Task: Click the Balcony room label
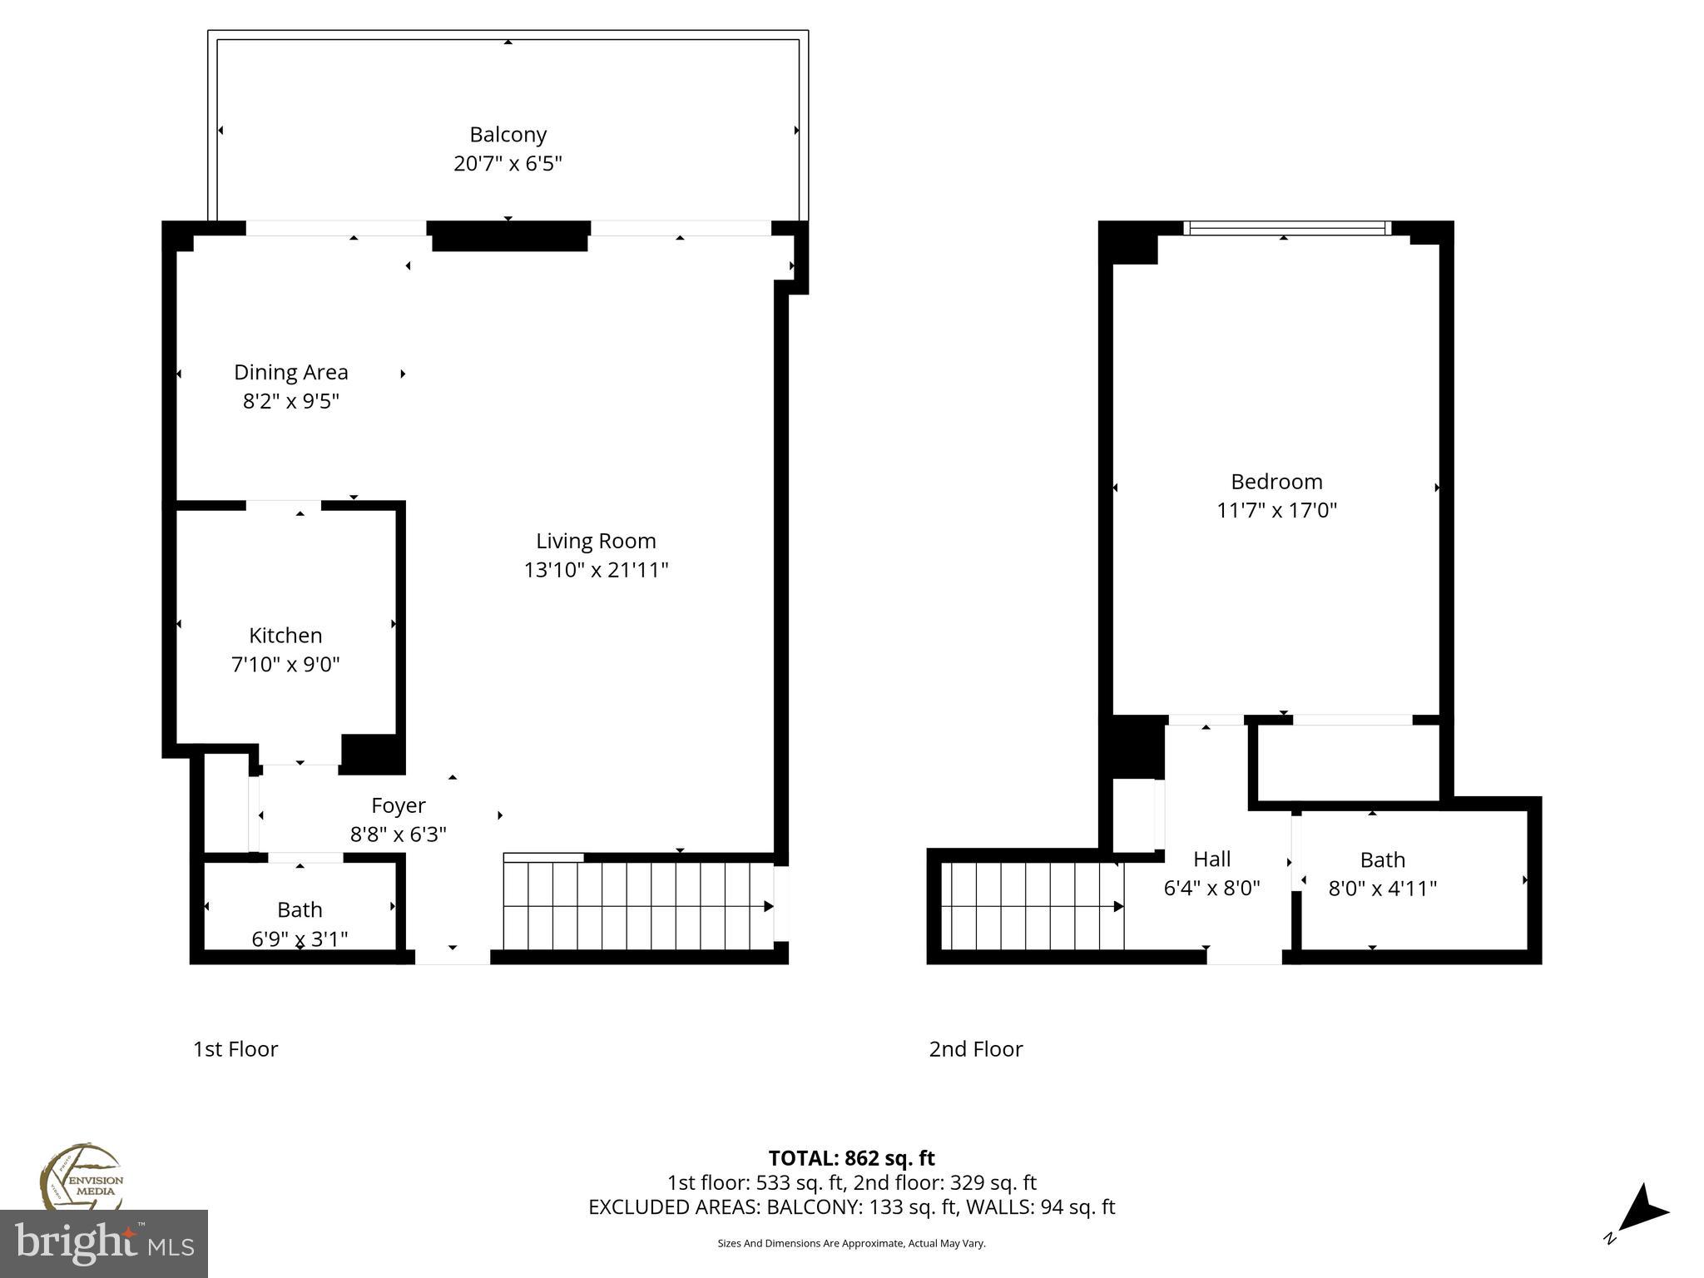pos(508,135)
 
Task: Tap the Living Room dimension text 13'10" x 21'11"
pos(596,570)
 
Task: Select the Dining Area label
pos(290,373)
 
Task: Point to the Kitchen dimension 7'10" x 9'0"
pos(285,664)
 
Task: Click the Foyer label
pos(398,805)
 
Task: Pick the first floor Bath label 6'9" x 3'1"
pos(300,924)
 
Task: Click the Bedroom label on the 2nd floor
pos(1276,482)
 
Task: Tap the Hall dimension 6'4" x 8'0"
pos(1211,888)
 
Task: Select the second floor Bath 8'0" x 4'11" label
pos(1382,874)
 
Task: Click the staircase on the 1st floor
pos(637,906)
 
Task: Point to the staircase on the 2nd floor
pos(1032,906)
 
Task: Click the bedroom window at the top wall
pos(1287,228)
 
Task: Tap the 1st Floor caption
pos(235,1049)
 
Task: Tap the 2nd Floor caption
pos(975,1049)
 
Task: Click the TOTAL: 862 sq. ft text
pos(851,1158)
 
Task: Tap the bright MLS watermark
pos(103,1243)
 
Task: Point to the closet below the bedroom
pos(1348,763)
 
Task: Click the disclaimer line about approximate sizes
pos(851,1243)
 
